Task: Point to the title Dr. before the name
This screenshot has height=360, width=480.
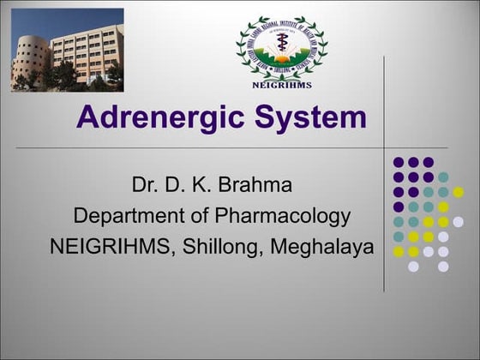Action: point(145,185)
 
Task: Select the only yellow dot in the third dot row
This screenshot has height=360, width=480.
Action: point(458,192)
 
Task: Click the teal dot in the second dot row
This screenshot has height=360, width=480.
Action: point(443,177)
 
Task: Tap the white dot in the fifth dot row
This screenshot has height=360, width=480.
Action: point(458,221)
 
